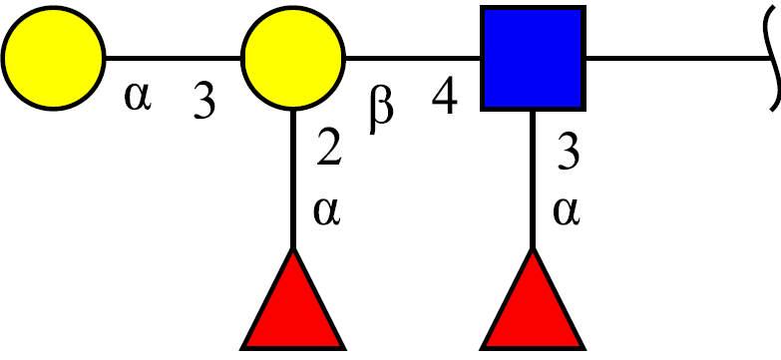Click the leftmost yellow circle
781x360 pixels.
pos(53,58)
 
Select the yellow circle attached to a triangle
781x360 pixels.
pos(293,58)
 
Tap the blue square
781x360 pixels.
pos(533,58)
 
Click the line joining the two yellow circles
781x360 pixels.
pos(174,58)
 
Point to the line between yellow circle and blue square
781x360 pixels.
pos(413,58)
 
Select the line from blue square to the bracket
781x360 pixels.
pos(678,58)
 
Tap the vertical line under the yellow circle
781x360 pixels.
pos(293,180)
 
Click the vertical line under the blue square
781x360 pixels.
pos(533,180)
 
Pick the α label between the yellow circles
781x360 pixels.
pos(138,97)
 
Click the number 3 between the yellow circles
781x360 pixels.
pos(204,102)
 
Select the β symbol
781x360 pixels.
pos(382,111)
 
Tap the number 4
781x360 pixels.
pos(445,97)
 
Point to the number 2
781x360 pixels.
pos(330,148)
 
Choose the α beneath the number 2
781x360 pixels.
pos(327,212)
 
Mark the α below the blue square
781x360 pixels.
pos(567,212)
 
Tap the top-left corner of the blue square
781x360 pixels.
pos(481,6)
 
